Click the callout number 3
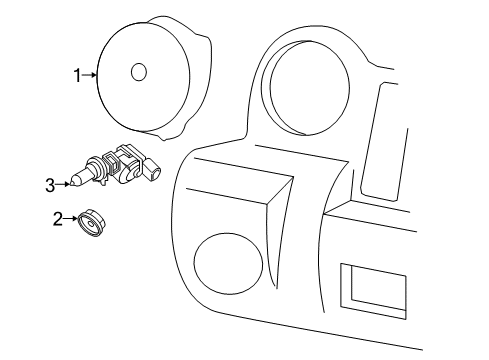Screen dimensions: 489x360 pyautogui.click(x=49, y=183)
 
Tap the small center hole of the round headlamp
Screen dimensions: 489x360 pyautogui.click(x=139, y=72)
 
